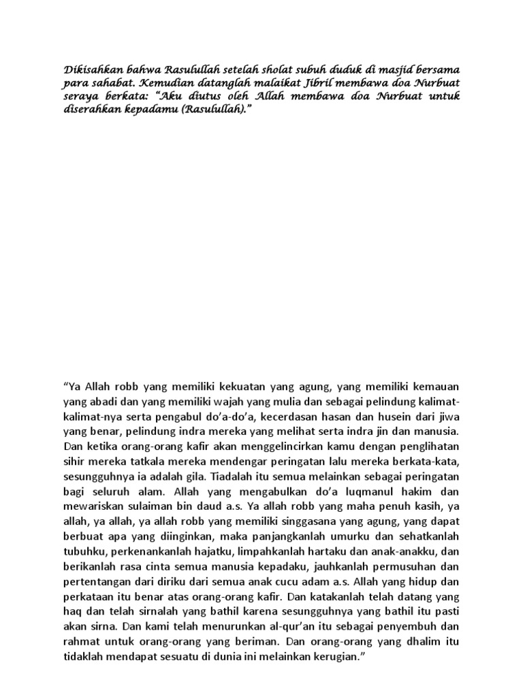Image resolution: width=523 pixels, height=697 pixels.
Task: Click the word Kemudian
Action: coord(153,83)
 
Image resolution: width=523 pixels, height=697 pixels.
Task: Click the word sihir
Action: coord(73,461)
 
